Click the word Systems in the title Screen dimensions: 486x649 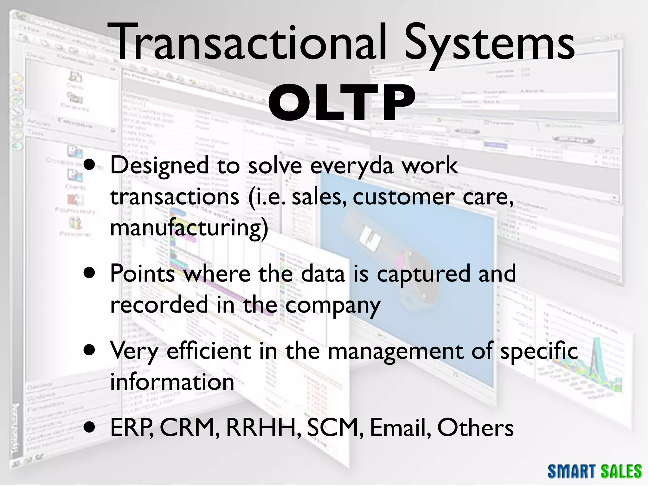click(x=490, y=44)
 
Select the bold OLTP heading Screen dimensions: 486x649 click(x=342, y=103)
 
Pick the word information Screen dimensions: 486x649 click(x=172, y=382)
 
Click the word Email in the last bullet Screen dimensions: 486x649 click(x=400, y=428)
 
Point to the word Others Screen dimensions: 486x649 click(x=475, y=428)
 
